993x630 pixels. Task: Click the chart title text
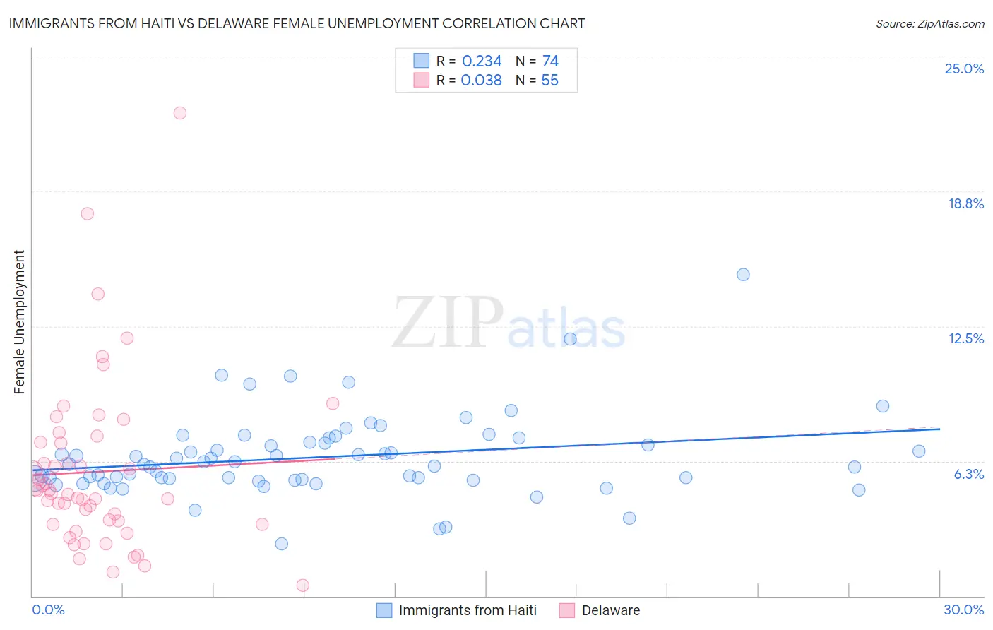[297, 23]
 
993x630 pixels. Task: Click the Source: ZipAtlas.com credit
[929, 23]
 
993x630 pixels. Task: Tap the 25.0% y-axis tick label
[964, 69]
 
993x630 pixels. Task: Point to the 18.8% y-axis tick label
[965, 203]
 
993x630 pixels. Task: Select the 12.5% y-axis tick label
[965, 338]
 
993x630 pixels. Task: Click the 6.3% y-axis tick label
[968, 474]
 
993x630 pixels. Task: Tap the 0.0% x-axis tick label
[48, 610]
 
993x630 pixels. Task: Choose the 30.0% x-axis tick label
[963, 610]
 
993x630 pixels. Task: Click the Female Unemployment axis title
[19, 321]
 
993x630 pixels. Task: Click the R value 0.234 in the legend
[482, 61]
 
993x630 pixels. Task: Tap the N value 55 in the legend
[549, 81]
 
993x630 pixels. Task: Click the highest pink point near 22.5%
[180, 113]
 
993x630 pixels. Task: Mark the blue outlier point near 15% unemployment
[743, 275]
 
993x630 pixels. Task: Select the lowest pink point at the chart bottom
[302, 585]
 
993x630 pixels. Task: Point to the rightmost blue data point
[919, 451]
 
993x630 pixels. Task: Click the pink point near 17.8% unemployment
[88, 213]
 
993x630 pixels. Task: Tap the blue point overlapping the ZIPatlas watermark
[570, 339]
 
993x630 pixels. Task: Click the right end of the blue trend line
[939, 429]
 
